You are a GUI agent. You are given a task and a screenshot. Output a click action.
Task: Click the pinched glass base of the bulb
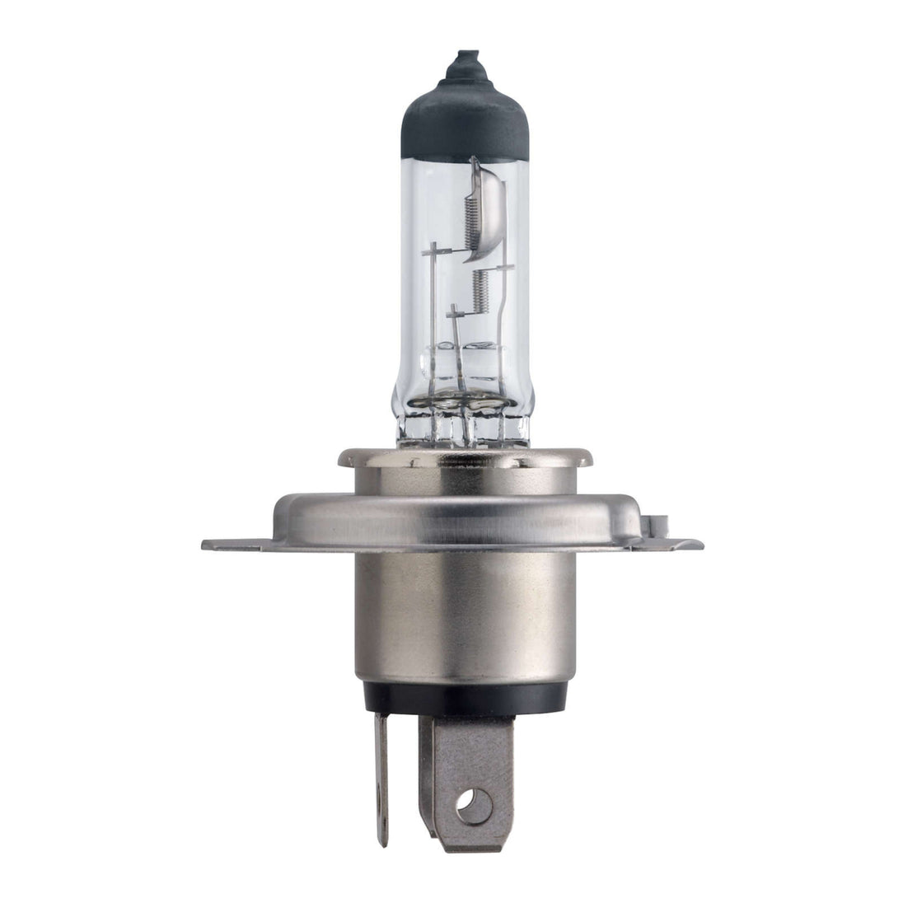coord(463,424)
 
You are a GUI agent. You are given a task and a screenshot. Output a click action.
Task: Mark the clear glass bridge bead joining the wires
coord(463,358)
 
